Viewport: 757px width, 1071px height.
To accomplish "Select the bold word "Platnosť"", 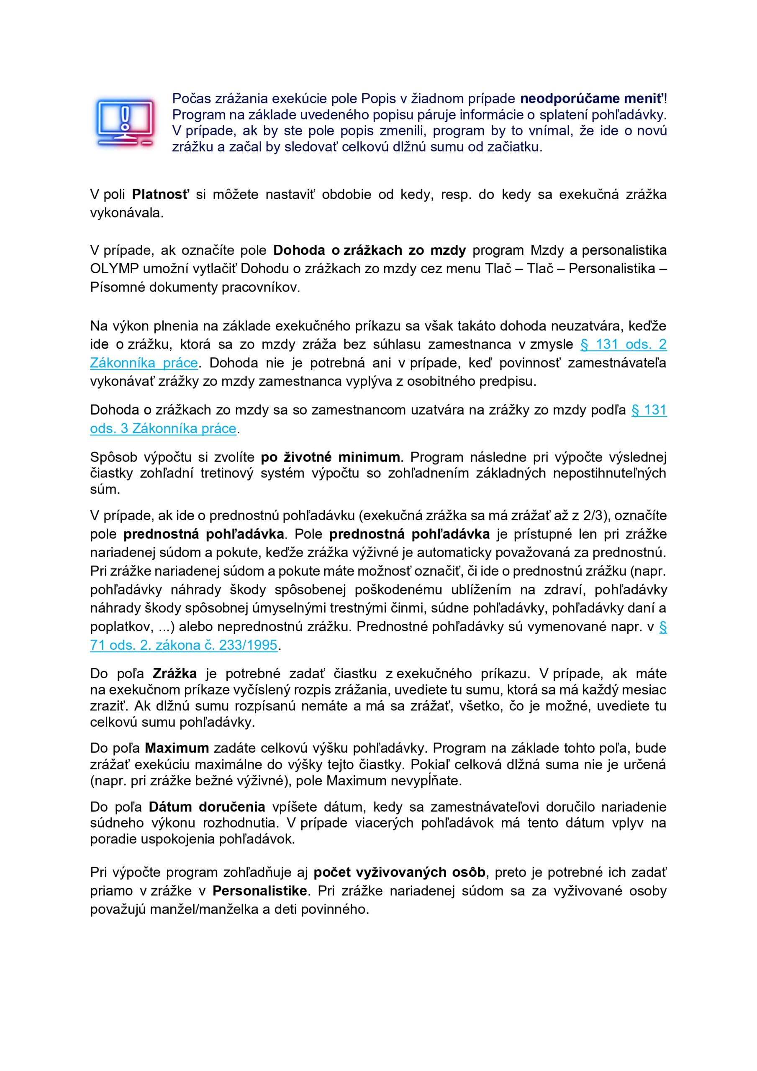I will [x=161, y=195].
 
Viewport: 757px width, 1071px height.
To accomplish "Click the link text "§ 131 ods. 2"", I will [x=623, y=344].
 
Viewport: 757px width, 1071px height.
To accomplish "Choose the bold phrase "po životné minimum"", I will [x=330, y=457].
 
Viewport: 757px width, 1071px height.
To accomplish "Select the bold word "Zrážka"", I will [x=174, y=674].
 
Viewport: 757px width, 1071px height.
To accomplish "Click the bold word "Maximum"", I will [x=177, y=748].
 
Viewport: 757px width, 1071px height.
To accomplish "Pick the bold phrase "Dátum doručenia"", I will [x=207, y=807].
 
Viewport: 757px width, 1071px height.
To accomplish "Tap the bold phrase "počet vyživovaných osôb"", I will [x=400, y=872].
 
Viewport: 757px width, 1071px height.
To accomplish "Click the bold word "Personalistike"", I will [x=259, y=891].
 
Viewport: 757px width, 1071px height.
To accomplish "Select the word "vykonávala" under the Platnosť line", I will [x=126, y=213].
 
